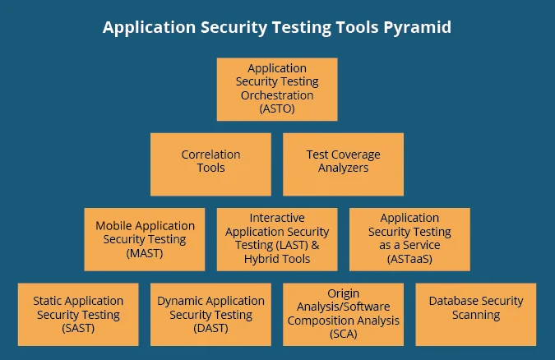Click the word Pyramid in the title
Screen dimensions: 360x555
pyautogui.click(x=419, y=27)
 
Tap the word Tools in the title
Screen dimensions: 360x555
pyautogui.click(x=354, y=27)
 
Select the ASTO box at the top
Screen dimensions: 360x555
pyautogui.click(x=277, y=89)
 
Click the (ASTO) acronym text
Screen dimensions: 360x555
pyautogui.click(x=277, y=108)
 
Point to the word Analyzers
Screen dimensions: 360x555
pyautogui.click(x=343, y=168)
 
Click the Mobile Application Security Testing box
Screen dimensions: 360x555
pyautogui.click(x=145, y=239)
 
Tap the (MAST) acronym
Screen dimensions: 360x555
pyautogui.click(x=145, y=253)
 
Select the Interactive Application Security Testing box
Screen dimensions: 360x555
pyautogui.click(x=277, y=239)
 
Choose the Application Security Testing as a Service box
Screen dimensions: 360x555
pyautogui.click(x=409, y=239)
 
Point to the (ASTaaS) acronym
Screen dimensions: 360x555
pyautogui.click(x=409, y=259)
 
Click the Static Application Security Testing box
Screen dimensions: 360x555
pyautogui.click(x=78, y=315)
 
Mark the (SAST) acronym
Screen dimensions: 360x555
pyautogui.click(x=78, y=329)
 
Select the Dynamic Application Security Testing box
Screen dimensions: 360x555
pyautogui.click(x=210, y=315)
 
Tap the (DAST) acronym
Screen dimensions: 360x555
pyautogui.click(x=210, y=329)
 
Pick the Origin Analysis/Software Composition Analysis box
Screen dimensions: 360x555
pyautogui.click(x=343, y=315)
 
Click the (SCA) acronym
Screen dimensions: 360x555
pyautogui.click(x=343, y=335)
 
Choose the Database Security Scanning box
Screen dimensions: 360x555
pyautogui.click(x=476, y=315)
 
